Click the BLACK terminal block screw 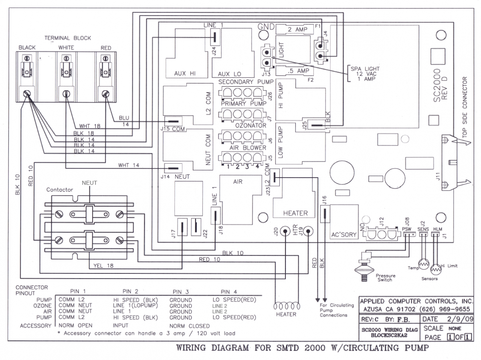tap(27, 94)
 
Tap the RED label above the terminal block tap(106, 48)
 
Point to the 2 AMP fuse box tap(295, 29)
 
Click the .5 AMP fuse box tap(295, 71)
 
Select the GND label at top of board tap(266, 27)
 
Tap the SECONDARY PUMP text tap(242, 82)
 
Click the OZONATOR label tap(251, 125)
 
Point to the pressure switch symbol tap(364, 265)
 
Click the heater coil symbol tap(286, 305)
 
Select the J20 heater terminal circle tap(285, 231)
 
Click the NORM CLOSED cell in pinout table tap(189, 326)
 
